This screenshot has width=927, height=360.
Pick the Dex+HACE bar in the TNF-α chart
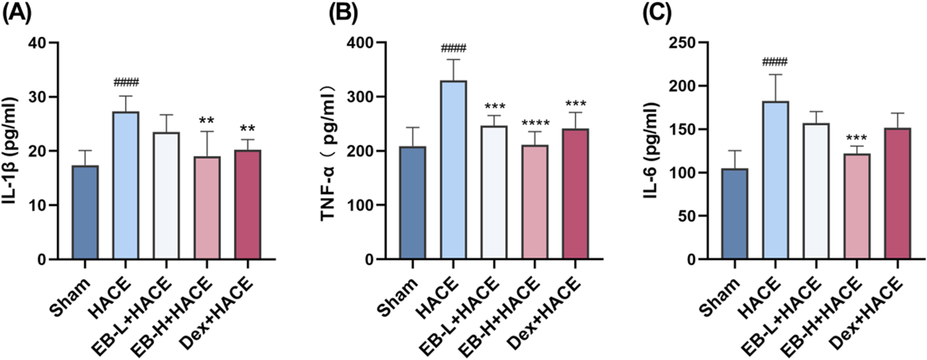tap(575, 194)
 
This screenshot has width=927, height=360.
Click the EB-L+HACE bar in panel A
tap(166, 196)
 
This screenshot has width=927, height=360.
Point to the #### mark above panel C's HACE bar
tap(775, 62)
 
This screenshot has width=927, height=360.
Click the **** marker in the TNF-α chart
tap(535, 124)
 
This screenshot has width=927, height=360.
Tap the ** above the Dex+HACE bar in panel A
tap(247, 129)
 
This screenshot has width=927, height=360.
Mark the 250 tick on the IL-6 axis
tap(682, 42)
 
